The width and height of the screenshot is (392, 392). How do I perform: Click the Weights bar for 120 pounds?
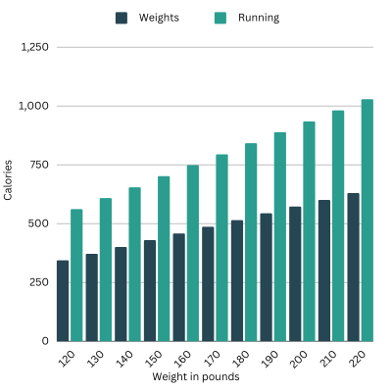63,301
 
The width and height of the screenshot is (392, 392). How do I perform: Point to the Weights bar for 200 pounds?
294,273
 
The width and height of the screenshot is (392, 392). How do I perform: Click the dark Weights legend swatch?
122,18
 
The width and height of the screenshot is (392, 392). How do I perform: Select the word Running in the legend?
259,18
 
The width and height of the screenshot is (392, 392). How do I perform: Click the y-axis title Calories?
9,180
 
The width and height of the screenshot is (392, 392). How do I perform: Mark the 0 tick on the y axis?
45,341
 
